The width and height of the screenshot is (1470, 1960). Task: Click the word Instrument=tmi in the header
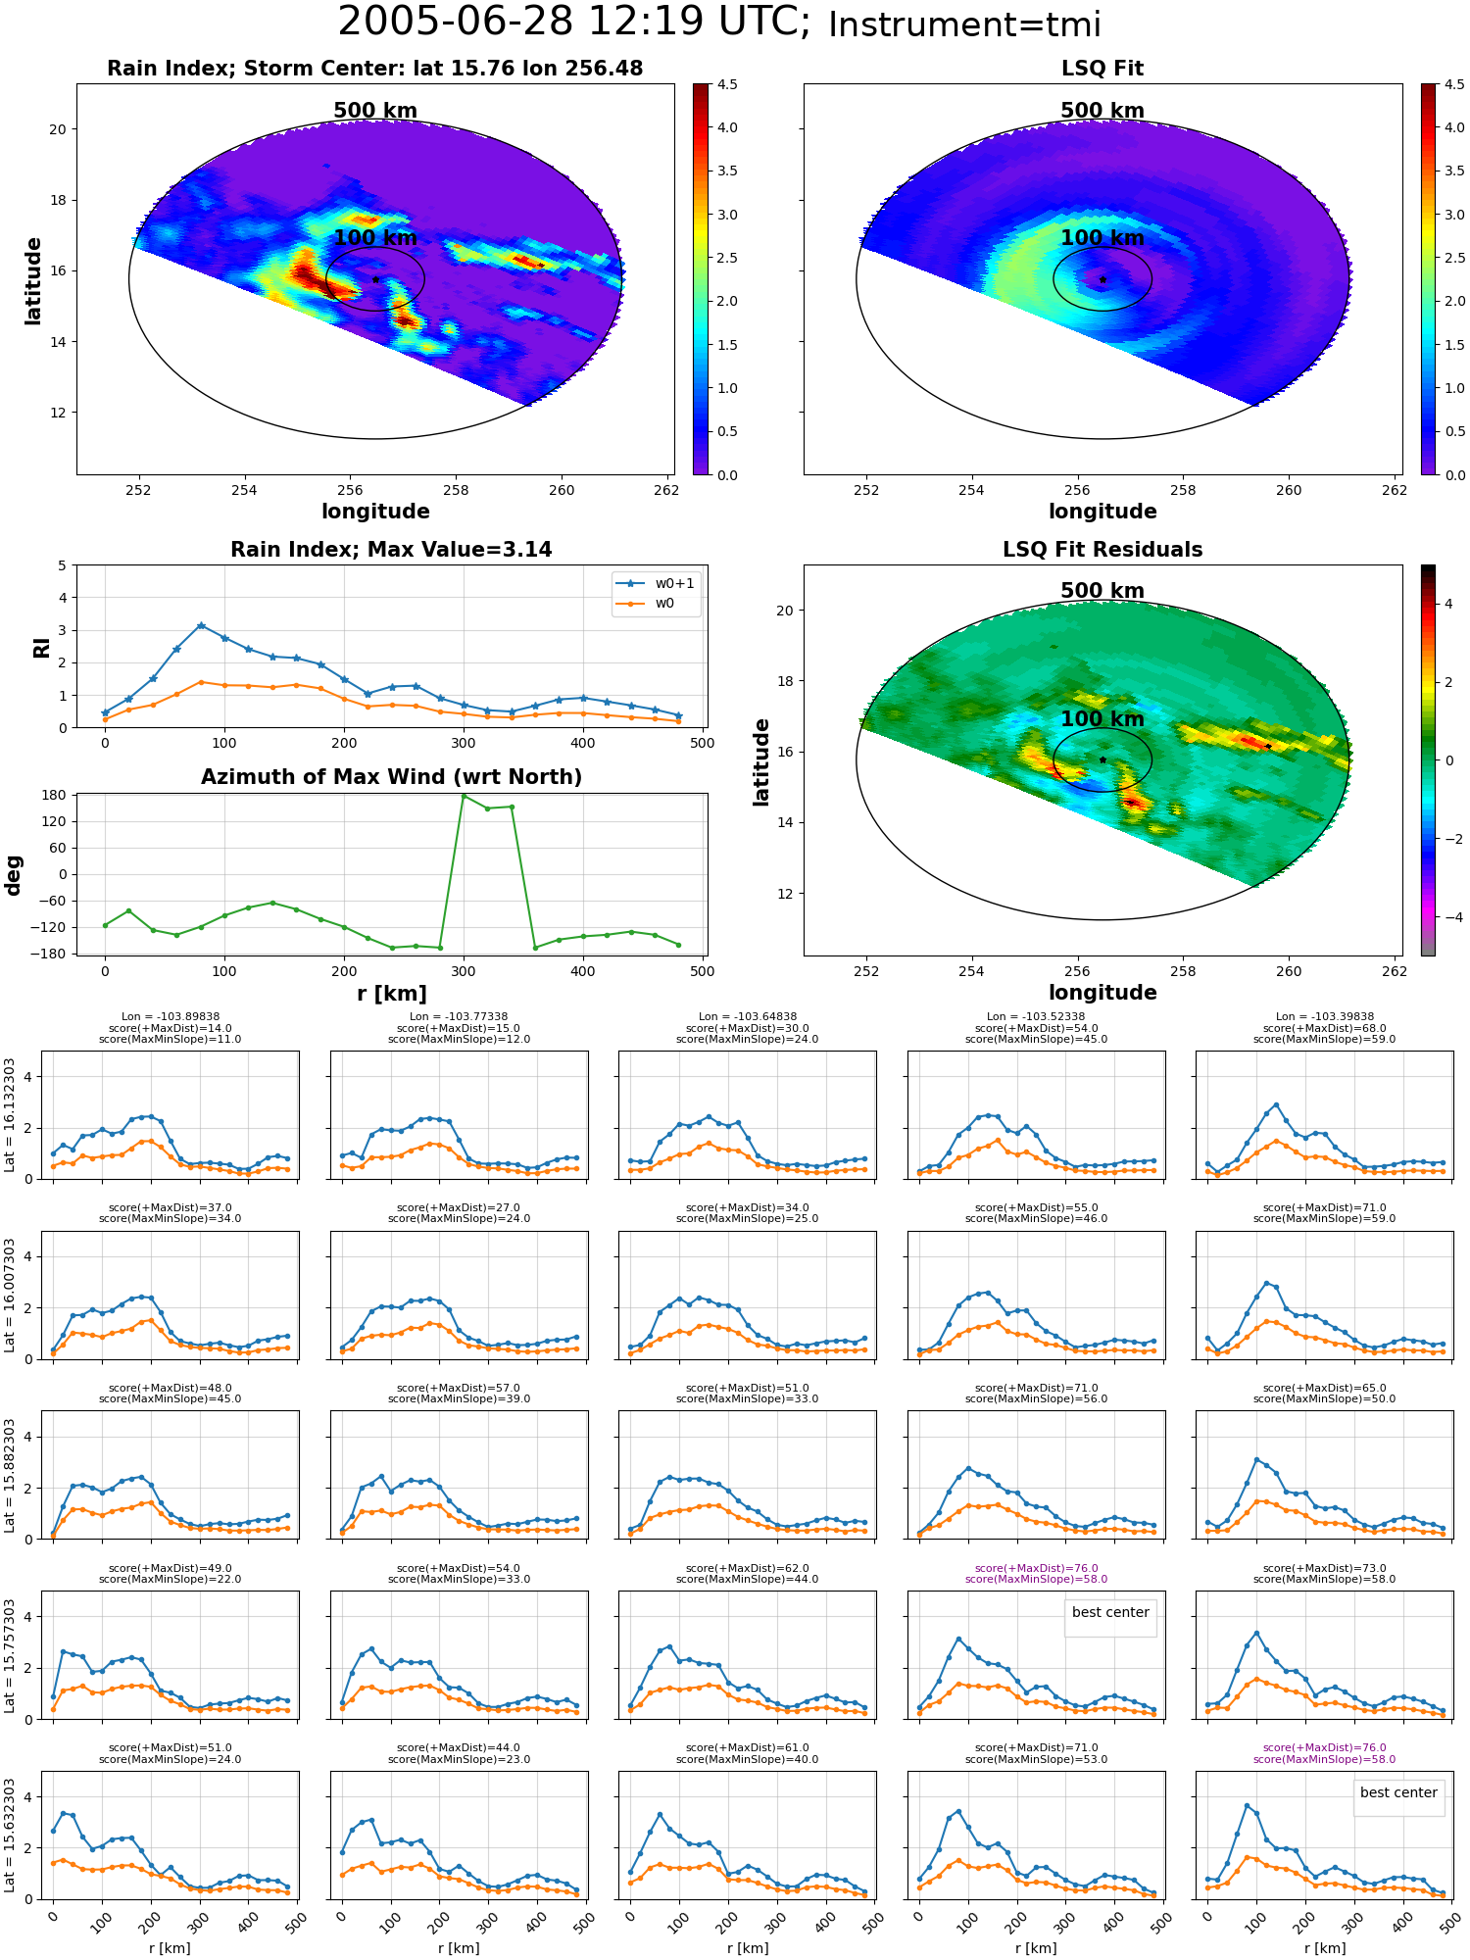(x=964, y=25)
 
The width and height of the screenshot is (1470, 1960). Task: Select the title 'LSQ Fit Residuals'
(x=1102, y=550)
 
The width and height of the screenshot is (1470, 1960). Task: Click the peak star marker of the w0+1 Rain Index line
(x=201, y=625)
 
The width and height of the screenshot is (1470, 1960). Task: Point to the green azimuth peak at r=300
(x=464, y=796)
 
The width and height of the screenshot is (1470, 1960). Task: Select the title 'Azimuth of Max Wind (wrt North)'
(x=391, y=777)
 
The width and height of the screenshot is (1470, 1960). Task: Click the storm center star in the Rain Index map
(x=375, y=279)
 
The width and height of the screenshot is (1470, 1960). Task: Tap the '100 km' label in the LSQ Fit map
(x=1102, y=238)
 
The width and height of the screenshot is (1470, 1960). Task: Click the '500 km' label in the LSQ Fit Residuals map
(x=1102, y=591)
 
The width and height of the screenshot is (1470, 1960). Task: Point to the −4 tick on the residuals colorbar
(x=1448, y=917)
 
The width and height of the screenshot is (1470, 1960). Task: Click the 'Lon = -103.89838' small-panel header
(x=171, y=1017)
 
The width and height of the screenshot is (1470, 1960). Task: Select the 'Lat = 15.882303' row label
(x=10, y=1476)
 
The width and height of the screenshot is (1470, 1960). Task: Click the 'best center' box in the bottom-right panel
(x=1398, y=1792)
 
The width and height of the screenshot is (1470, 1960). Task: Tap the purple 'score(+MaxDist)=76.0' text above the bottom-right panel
(x=1324, y=1747)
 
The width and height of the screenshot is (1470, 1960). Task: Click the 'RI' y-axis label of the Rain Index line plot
(x=41, y=647)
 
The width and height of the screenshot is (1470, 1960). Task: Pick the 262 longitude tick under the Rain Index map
(x=665, y=490)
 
